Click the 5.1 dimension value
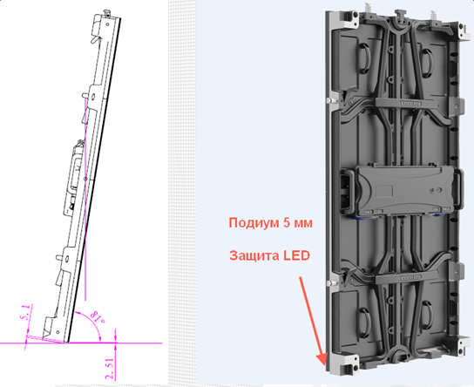[26, 313]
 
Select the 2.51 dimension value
[110, 368]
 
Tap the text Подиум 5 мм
[271, 223]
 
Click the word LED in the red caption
[297, 255]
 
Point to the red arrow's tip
[325, 365]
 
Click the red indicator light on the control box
[438, 190]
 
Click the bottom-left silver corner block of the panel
[342, 364]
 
